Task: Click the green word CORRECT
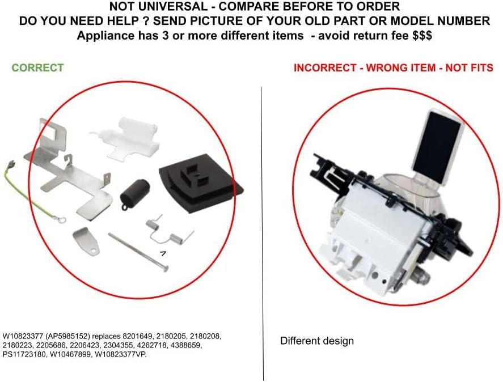pyautogui.click(x=38, y=67)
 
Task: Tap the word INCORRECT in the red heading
pyautogui.click(x=325, y=68)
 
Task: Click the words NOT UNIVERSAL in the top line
pyautogui.click(x=158, y=6)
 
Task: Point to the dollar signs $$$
pyautogui.click(x=422, y=35)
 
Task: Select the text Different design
pyautogui.click(x=317, y=341)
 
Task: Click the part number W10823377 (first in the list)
pyautogui.click(x=23, y=337)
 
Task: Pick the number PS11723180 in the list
pyautogui.click(x=24, y=355)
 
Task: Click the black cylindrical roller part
pyautogui.click(x=134, y=194)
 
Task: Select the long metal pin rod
pyautogui.click(x=138, y=252)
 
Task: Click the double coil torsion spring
pyautogui.click(x=170, y=231)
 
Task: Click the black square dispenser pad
pyautogui.click(x=201, y=181)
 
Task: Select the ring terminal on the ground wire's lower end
pyautogui.click(x=62, y=220)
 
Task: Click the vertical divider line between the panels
pyautogui.click(x=263, y=234)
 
